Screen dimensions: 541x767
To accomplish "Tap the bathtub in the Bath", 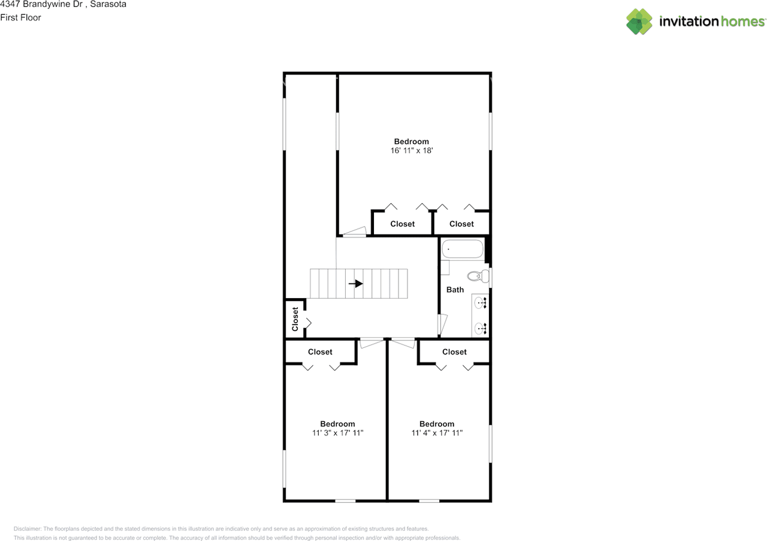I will pyautogui.click(x=462, y=249).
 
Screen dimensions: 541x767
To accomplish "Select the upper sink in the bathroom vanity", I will pyautogui.click(x=481, y=303).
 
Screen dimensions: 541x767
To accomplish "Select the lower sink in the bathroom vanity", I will pyautogui.click(x=481, y=328).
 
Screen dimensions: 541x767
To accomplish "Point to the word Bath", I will pyautogui.click(x=455, y=290).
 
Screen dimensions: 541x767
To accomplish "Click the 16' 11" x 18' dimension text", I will pyautogui.click(x=411, y=151).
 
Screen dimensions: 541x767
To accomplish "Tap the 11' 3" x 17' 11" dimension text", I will pyautogui.click(x=337, y=432).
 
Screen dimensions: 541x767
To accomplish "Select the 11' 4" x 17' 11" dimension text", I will pyautogui.click(x=437, y=432).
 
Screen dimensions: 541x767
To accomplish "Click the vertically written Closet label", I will pyautogui.click(x=295, y=319).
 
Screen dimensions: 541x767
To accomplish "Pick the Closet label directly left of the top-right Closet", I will pyautogui.click(x=402, y=224).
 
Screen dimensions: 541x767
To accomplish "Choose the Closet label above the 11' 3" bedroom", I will pyautogui.click(x=320, y=352).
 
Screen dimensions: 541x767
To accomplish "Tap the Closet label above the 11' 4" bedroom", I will pyautogui.click(x=454, y=352).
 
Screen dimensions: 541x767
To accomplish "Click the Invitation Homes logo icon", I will pyautogui.click(x=639, y=22).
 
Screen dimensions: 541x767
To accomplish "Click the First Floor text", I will pyautogui.click(x=20, y=17).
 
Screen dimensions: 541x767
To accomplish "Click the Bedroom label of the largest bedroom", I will pyautogui.click(x=411, y=142).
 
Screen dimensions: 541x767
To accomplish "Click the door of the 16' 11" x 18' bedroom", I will pyautogui.click(x=355, y=232).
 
